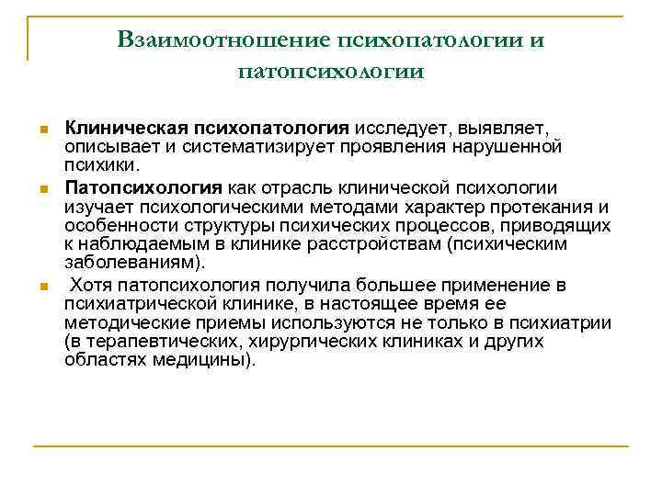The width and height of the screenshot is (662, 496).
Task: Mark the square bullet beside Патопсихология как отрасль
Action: [42, 187]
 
